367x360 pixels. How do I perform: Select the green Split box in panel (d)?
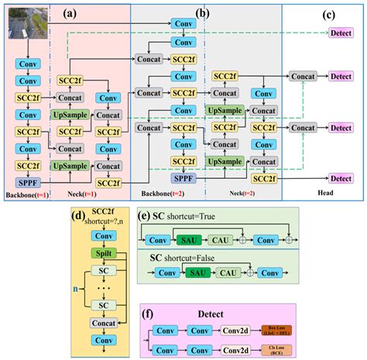(x=103, y=253)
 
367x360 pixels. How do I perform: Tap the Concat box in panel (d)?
(x=103, y=321)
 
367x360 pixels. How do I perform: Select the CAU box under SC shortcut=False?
(x=228, y=273)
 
